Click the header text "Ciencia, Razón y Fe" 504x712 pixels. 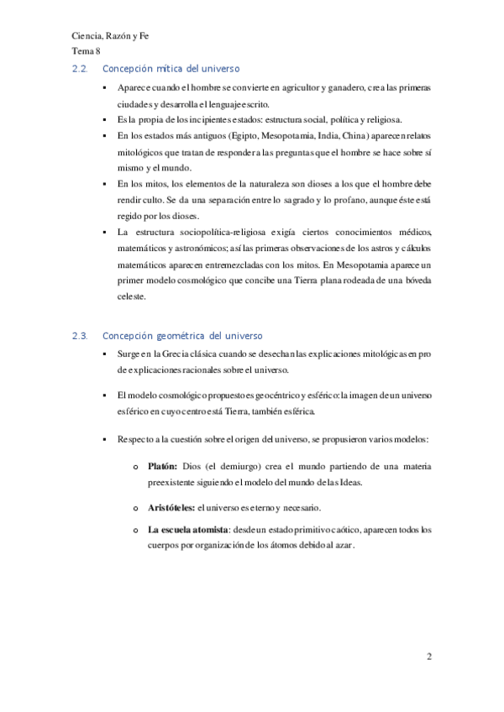click(111, 37)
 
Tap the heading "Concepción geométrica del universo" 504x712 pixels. click(182, 336)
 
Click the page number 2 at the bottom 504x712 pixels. click(428, 657)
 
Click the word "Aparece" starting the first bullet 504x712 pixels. click(135, 87)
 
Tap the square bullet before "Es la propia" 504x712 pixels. click(103, 120)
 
